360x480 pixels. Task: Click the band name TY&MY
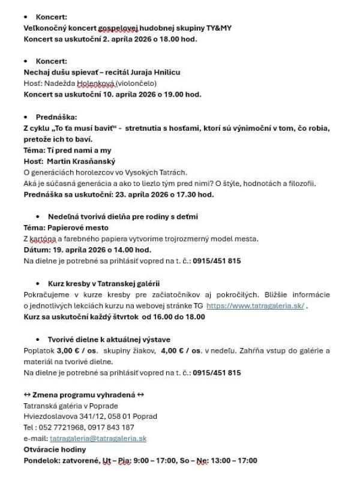(x=220, y=28)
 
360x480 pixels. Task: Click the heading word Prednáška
(x=56, y=117)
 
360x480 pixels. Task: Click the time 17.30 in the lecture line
(x=179, y=194)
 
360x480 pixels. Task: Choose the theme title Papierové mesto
(x=79, y=227)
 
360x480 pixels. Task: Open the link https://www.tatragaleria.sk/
(x=255, y=306)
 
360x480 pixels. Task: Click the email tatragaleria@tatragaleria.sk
(x=98, y=439)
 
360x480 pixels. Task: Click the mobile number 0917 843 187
(x=112, y=427)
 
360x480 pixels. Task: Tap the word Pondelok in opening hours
(x=41, y=460)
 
